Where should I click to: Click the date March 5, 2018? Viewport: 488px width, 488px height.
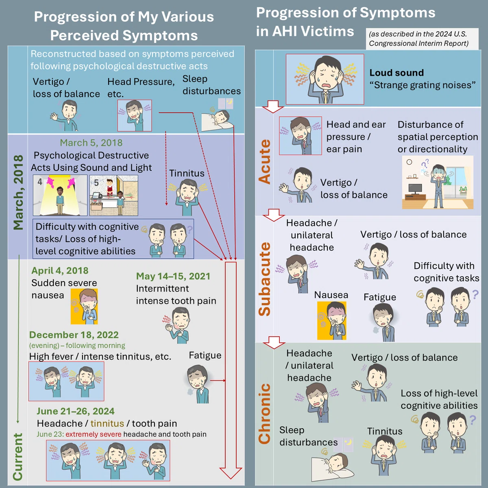tap(91, 143)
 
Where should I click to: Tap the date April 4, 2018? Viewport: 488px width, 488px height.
tap(60, 270)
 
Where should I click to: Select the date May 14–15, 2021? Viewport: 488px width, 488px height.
tap(173, 276)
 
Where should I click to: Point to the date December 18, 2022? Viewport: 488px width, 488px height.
tap(74, 335)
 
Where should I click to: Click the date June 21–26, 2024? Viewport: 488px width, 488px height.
tap(76, 411)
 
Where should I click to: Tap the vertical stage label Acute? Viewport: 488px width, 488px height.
tap(264, 161)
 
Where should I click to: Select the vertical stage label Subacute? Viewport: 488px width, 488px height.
tap(265, 279)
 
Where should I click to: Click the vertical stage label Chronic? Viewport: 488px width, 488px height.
tap(264, 414)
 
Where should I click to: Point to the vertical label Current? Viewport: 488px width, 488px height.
tap(18, 457)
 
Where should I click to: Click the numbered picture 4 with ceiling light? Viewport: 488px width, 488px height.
tap(60, 195)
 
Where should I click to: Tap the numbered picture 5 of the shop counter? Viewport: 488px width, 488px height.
tap(114, 195)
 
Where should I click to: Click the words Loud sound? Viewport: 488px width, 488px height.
tap(396, 73)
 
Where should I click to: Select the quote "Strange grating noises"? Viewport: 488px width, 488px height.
tap(423, 85)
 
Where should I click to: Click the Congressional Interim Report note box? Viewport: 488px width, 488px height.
tap(422, 39)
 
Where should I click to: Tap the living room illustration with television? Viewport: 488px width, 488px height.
tap(438, 182)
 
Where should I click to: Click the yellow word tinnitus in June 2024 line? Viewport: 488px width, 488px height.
tap(107, 423)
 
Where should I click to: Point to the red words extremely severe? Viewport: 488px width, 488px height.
tap(94, 434)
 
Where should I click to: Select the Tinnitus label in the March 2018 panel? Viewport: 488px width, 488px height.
tap(187, 173)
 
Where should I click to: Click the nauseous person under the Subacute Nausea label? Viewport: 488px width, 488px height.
tap(332, 320)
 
